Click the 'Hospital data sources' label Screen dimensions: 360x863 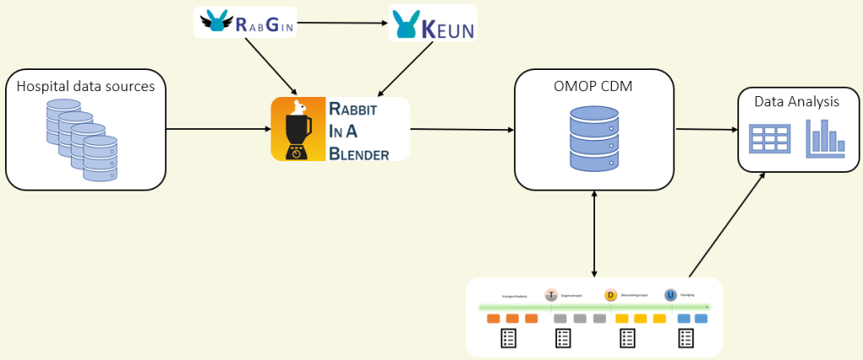tap(86, 85)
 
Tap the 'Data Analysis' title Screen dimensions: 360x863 tap(796, 102)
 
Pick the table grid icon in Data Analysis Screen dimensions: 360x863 tap(769, 138)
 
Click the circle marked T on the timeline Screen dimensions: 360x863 tap(551, 295)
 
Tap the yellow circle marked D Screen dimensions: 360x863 tap(610, 295)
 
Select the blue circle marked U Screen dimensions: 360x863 tap(670, 295)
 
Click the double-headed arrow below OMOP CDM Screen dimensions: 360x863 tap(595, 233)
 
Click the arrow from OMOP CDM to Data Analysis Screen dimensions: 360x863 tap(706, 129)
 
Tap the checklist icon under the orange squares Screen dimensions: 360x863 tap(507, 339)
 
